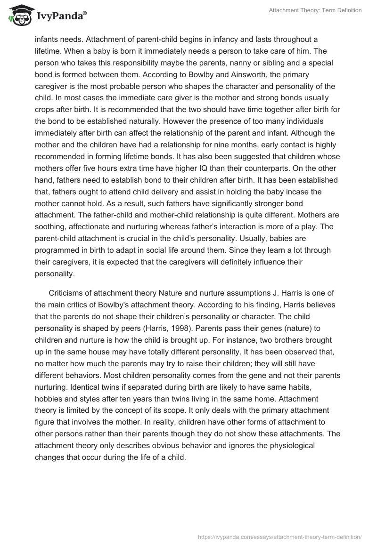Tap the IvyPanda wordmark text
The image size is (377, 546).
click(x=61, y=17)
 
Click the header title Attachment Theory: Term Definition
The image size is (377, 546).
click(x=315, y=10)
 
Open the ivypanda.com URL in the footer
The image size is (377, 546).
click(x=280, y=536)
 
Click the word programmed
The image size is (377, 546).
click(x=58, y=250)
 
